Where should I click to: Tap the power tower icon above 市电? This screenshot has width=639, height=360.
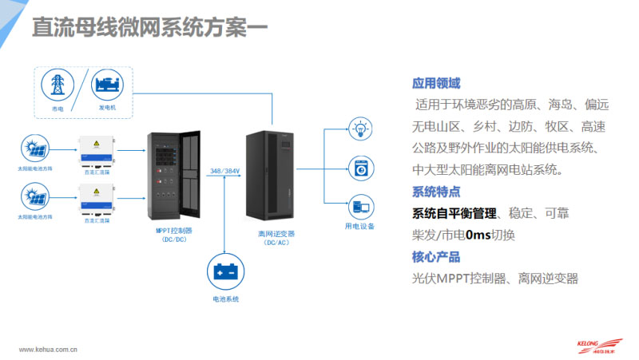tap(58, 85)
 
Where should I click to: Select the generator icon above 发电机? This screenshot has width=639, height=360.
tap(107, 84)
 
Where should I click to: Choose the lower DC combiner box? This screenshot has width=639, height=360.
tap(95, 198)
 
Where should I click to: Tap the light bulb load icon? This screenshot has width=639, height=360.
tap(360, 127)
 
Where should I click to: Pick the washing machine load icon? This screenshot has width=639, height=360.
tap(360, 168)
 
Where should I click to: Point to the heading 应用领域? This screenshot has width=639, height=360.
tap(436, 83)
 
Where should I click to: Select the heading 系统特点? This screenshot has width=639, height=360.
tap(436, 192)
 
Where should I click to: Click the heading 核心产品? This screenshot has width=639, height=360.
tap(436, 257)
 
